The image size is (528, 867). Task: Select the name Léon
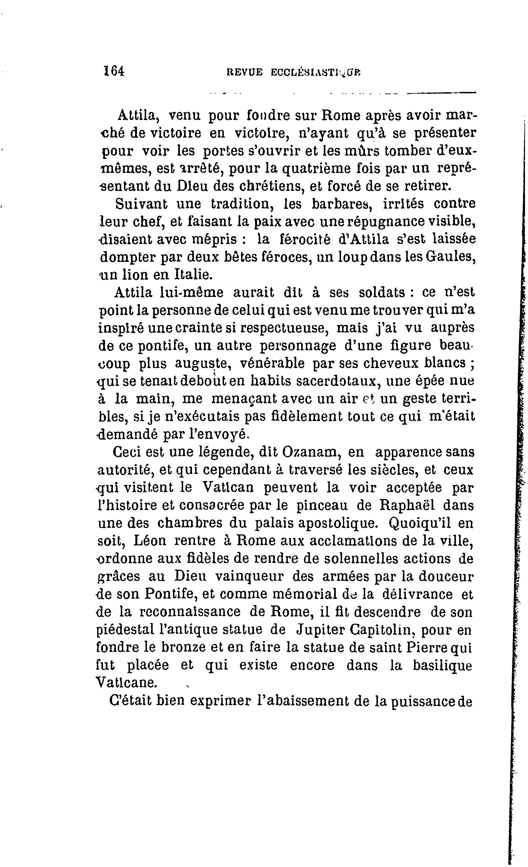point(150,541)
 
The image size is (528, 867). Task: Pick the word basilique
point(442,665)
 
